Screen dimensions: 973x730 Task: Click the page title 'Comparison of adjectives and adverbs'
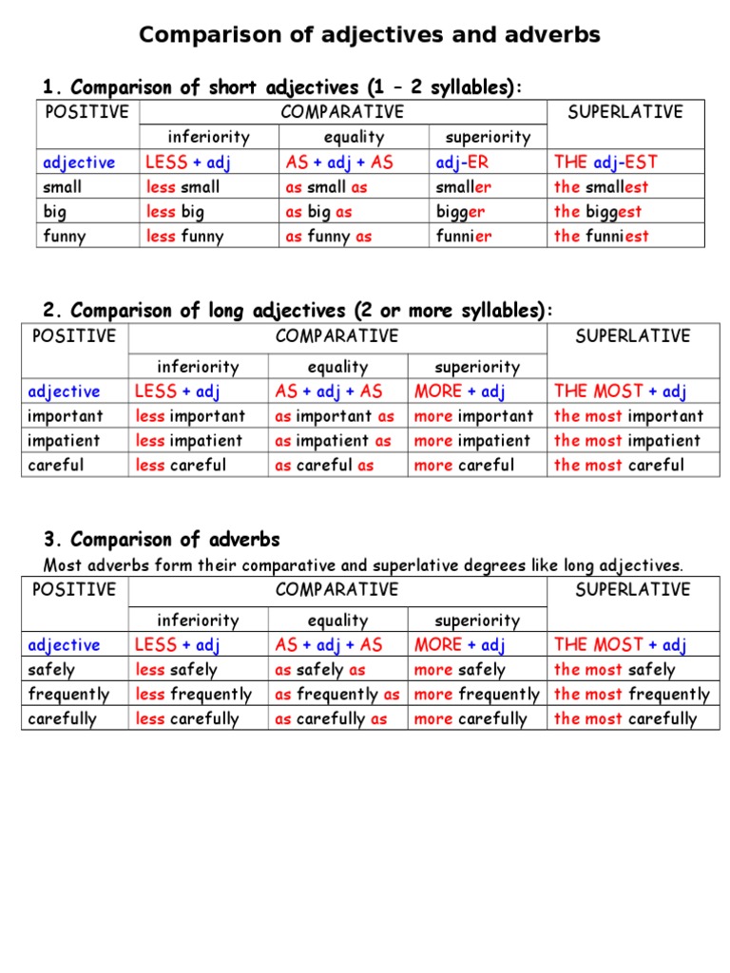(x=370, y=35)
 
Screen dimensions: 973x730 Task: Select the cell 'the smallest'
(x=602, y=187)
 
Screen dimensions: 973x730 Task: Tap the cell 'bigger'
(x=460, y=212)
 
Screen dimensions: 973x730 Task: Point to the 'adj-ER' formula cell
(x=462, y=162)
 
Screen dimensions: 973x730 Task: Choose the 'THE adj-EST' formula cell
(x=605, y=162)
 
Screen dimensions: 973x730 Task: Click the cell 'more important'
(x=473, y=416)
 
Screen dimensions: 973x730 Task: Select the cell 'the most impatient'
(x=626, y=441)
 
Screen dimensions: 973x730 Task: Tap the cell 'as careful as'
(x=324, y=466)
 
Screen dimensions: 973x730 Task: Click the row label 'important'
(x=66, y=416)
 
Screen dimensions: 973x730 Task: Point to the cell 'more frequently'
(x=476, y=695)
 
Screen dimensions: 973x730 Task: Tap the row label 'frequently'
(x=68, y=695)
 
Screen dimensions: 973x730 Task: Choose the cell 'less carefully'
(x=187, y=719)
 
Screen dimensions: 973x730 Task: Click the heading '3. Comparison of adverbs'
(x=162, y=540)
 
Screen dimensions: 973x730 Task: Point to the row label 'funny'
(x=65, y=237)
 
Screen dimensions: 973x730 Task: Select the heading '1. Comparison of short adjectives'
(x=282, y=87)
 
